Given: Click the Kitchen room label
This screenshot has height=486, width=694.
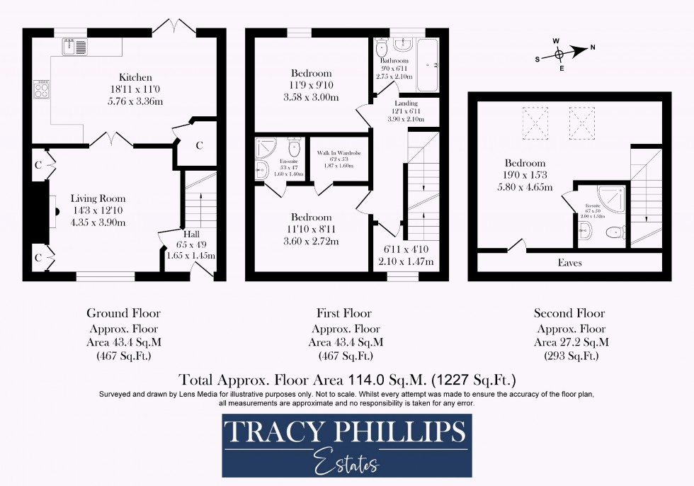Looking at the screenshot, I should [135, 77].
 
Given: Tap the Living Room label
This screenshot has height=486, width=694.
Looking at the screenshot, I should [98, 199].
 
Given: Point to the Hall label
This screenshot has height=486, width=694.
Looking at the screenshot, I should [191, 234].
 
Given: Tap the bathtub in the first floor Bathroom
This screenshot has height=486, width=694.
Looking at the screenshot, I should [428, 65].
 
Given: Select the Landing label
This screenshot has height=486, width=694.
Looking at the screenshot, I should [406, 103].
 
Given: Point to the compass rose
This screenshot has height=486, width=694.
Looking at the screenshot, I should [559, 53].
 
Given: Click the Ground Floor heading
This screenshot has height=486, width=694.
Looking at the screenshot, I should [123, 313].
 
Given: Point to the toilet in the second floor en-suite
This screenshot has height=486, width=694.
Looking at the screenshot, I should [617, 231].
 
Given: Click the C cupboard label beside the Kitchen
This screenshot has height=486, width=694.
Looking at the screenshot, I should [199, 145].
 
